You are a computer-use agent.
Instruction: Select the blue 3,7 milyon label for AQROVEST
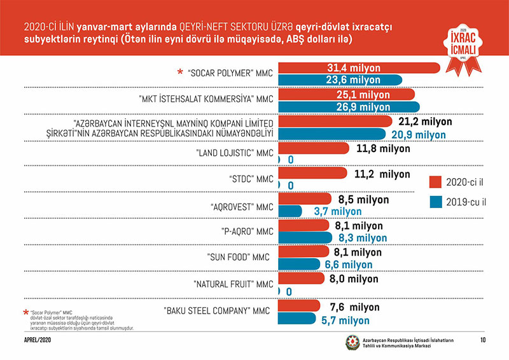click(338, 211)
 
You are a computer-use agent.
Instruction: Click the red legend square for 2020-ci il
click(436, 182)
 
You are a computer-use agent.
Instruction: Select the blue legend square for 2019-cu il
click(436, 202)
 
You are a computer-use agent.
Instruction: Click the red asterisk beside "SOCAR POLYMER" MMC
click(180, 72)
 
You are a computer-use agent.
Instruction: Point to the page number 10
click(484, 341)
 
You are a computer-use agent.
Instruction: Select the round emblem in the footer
click(352, 342)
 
